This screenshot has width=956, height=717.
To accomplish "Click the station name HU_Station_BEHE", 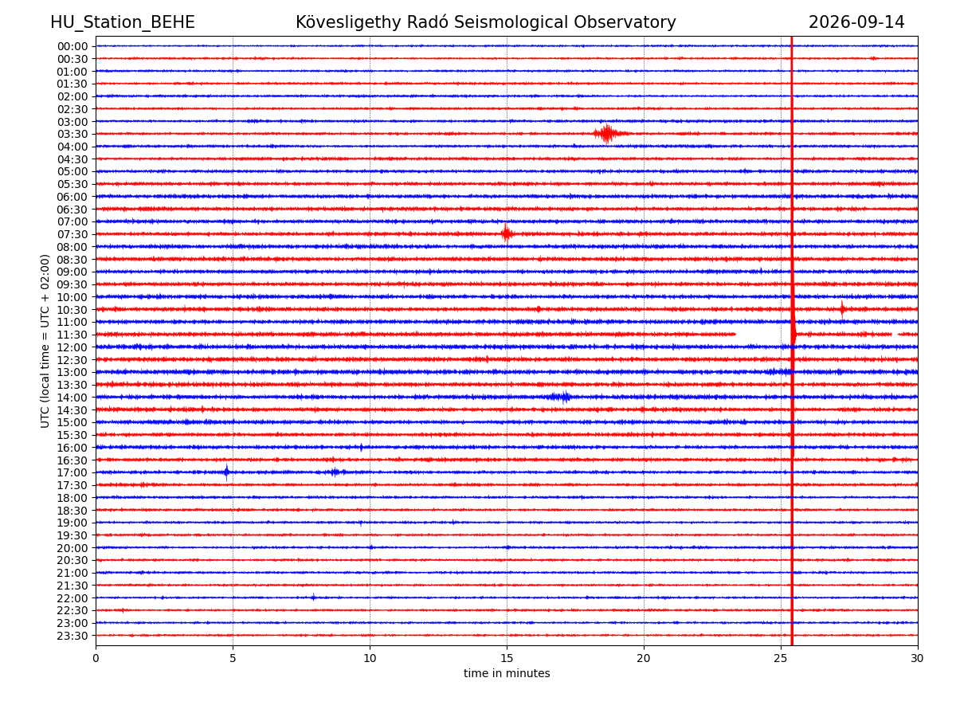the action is pyautogui.click(x=123, y=22).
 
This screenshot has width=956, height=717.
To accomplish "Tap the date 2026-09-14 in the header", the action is pyautogui.click(x=856, y=22).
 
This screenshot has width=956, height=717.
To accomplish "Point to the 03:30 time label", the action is pyautogui.click(x=72, y=134).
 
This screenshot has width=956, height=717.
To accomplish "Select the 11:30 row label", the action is pyautogui.click(x=72, y=335).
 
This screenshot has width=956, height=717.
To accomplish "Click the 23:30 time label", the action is pyautogui.click(x=72, y=636).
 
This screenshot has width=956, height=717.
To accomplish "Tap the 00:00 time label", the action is pyautogui.click(x=72, y=46).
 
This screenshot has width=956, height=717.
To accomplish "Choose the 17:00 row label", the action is pyautogui.click(x=72, y=472).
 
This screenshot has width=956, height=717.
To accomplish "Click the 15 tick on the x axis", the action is pyautogui.click(x=507, y=658).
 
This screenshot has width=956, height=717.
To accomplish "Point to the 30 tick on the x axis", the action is pyautogui.click(x=917, y=658).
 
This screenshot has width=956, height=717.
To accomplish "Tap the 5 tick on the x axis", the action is pyautogui.click(x=233, y=658).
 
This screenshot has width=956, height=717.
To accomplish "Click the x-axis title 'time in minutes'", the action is pyautogui.click(x=507, y=673).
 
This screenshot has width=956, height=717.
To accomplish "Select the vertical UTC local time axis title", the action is pyautogui.click(x=45, y=341).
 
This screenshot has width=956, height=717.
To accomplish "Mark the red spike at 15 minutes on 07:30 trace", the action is pyautogui.click(x=506, y=233).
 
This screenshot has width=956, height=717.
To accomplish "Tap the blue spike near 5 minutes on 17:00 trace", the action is pyautogui.click(x=226, y=472).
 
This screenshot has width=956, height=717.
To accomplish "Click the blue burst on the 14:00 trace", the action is pyautogui.click(x=560, y=397).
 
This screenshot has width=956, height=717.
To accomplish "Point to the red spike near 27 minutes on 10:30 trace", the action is pyautogui.click(x=842, y=310).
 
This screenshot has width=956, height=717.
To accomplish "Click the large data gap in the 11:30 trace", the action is pyautogui.click(x=762, y=335).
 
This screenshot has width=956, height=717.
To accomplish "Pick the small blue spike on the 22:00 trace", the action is pyautogui.click(x=313, y=597).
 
